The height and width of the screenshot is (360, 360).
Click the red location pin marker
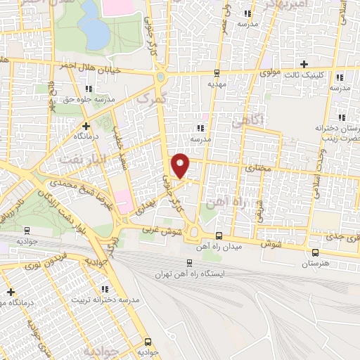pyautogui.click(x=181, y=165)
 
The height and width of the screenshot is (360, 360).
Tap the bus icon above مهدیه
pyautogui.click(x=216, y=72)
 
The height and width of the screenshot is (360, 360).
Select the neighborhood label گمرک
pyautogui.click(x=145, y=99)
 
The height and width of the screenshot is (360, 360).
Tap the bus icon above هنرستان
pyautogui.click(x=314, y=252)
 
